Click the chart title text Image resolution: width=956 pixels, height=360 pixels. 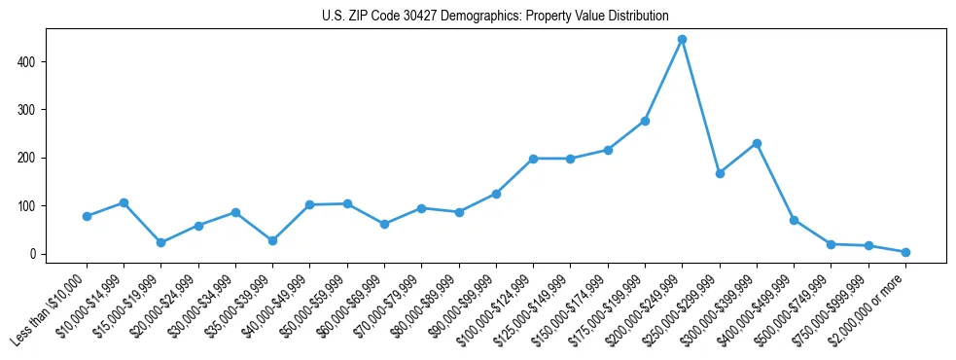[x=495, y=16]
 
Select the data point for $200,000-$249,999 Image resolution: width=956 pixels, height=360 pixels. [x=683, y=40]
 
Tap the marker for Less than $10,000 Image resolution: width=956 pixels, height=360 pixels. [x=88, y=216]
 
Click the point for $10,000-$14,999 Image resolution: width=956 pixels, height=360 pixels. [x=124, y=202]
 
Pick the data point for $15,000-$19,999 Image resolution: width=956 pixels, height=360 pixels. [x=161, y=242]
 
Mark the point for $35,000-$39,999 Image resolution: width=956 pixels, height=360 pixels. [x=273, y=240]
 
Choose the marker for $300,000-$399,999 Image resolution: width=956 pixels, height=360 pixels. [x=757, y=143]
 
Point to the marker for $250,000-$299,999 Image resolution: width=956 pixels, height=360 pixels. [x=720, y=173]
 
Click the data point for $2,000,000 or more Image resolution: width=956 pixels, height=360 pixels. [x=905, y=252]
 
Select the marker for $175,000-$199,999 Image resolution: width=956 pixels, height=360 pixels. [x=645, y=121]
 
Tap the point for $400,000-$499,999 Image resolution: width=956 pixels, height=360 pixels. [x=795, y=220]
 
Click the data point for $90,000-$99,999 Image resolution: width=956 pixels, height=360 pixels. [x=496, y=194]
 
